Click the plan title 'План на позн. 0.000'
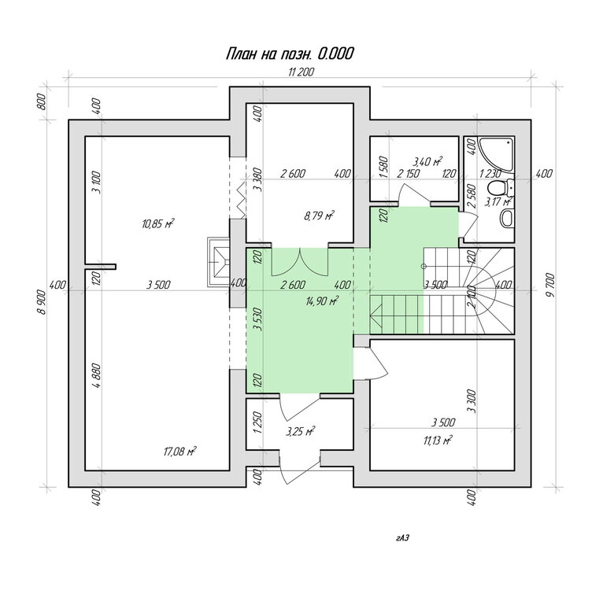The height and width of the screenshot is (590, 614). tap(290, 53)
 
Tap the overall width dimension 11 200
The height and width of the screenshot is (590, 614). tap(301, 72)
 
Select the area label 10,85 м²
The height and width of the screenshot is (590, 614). tap(157, 223)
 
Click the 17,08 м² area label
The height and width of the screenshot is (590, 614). tap(179, 451)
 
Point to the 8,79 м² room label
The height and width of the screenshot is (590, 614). tap(319, 215)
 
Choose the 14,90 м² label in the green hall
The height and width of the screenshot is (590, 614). tap(322, 301)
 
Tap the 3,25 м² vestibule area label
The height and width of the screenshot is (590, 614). tap(301, 431)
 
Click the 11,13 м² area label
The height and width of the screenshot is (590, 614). tap(438, 441)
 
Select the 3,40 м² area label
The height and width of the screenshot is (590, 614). tap(427, 160)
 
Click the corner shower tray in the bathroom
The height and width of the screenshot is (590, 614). tap(495, 153)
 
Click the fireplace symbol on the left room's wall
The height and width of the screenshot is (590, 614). tap(218, 262)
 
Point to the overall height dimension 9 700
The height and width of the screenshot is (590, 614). tap(550, 286)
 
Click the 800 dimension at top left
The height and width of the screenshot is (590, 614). tap(43, 101)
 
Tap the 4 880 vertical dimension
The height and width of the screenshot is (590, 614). tap(97, 375)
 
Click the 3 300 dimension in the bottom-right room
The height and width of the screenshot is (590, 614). tap(472, 401)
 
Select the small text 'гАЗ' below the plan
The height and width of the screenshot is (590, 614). tap(402, 537)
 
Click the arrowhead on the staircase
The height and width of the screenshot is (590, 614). tap(375, 315)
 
